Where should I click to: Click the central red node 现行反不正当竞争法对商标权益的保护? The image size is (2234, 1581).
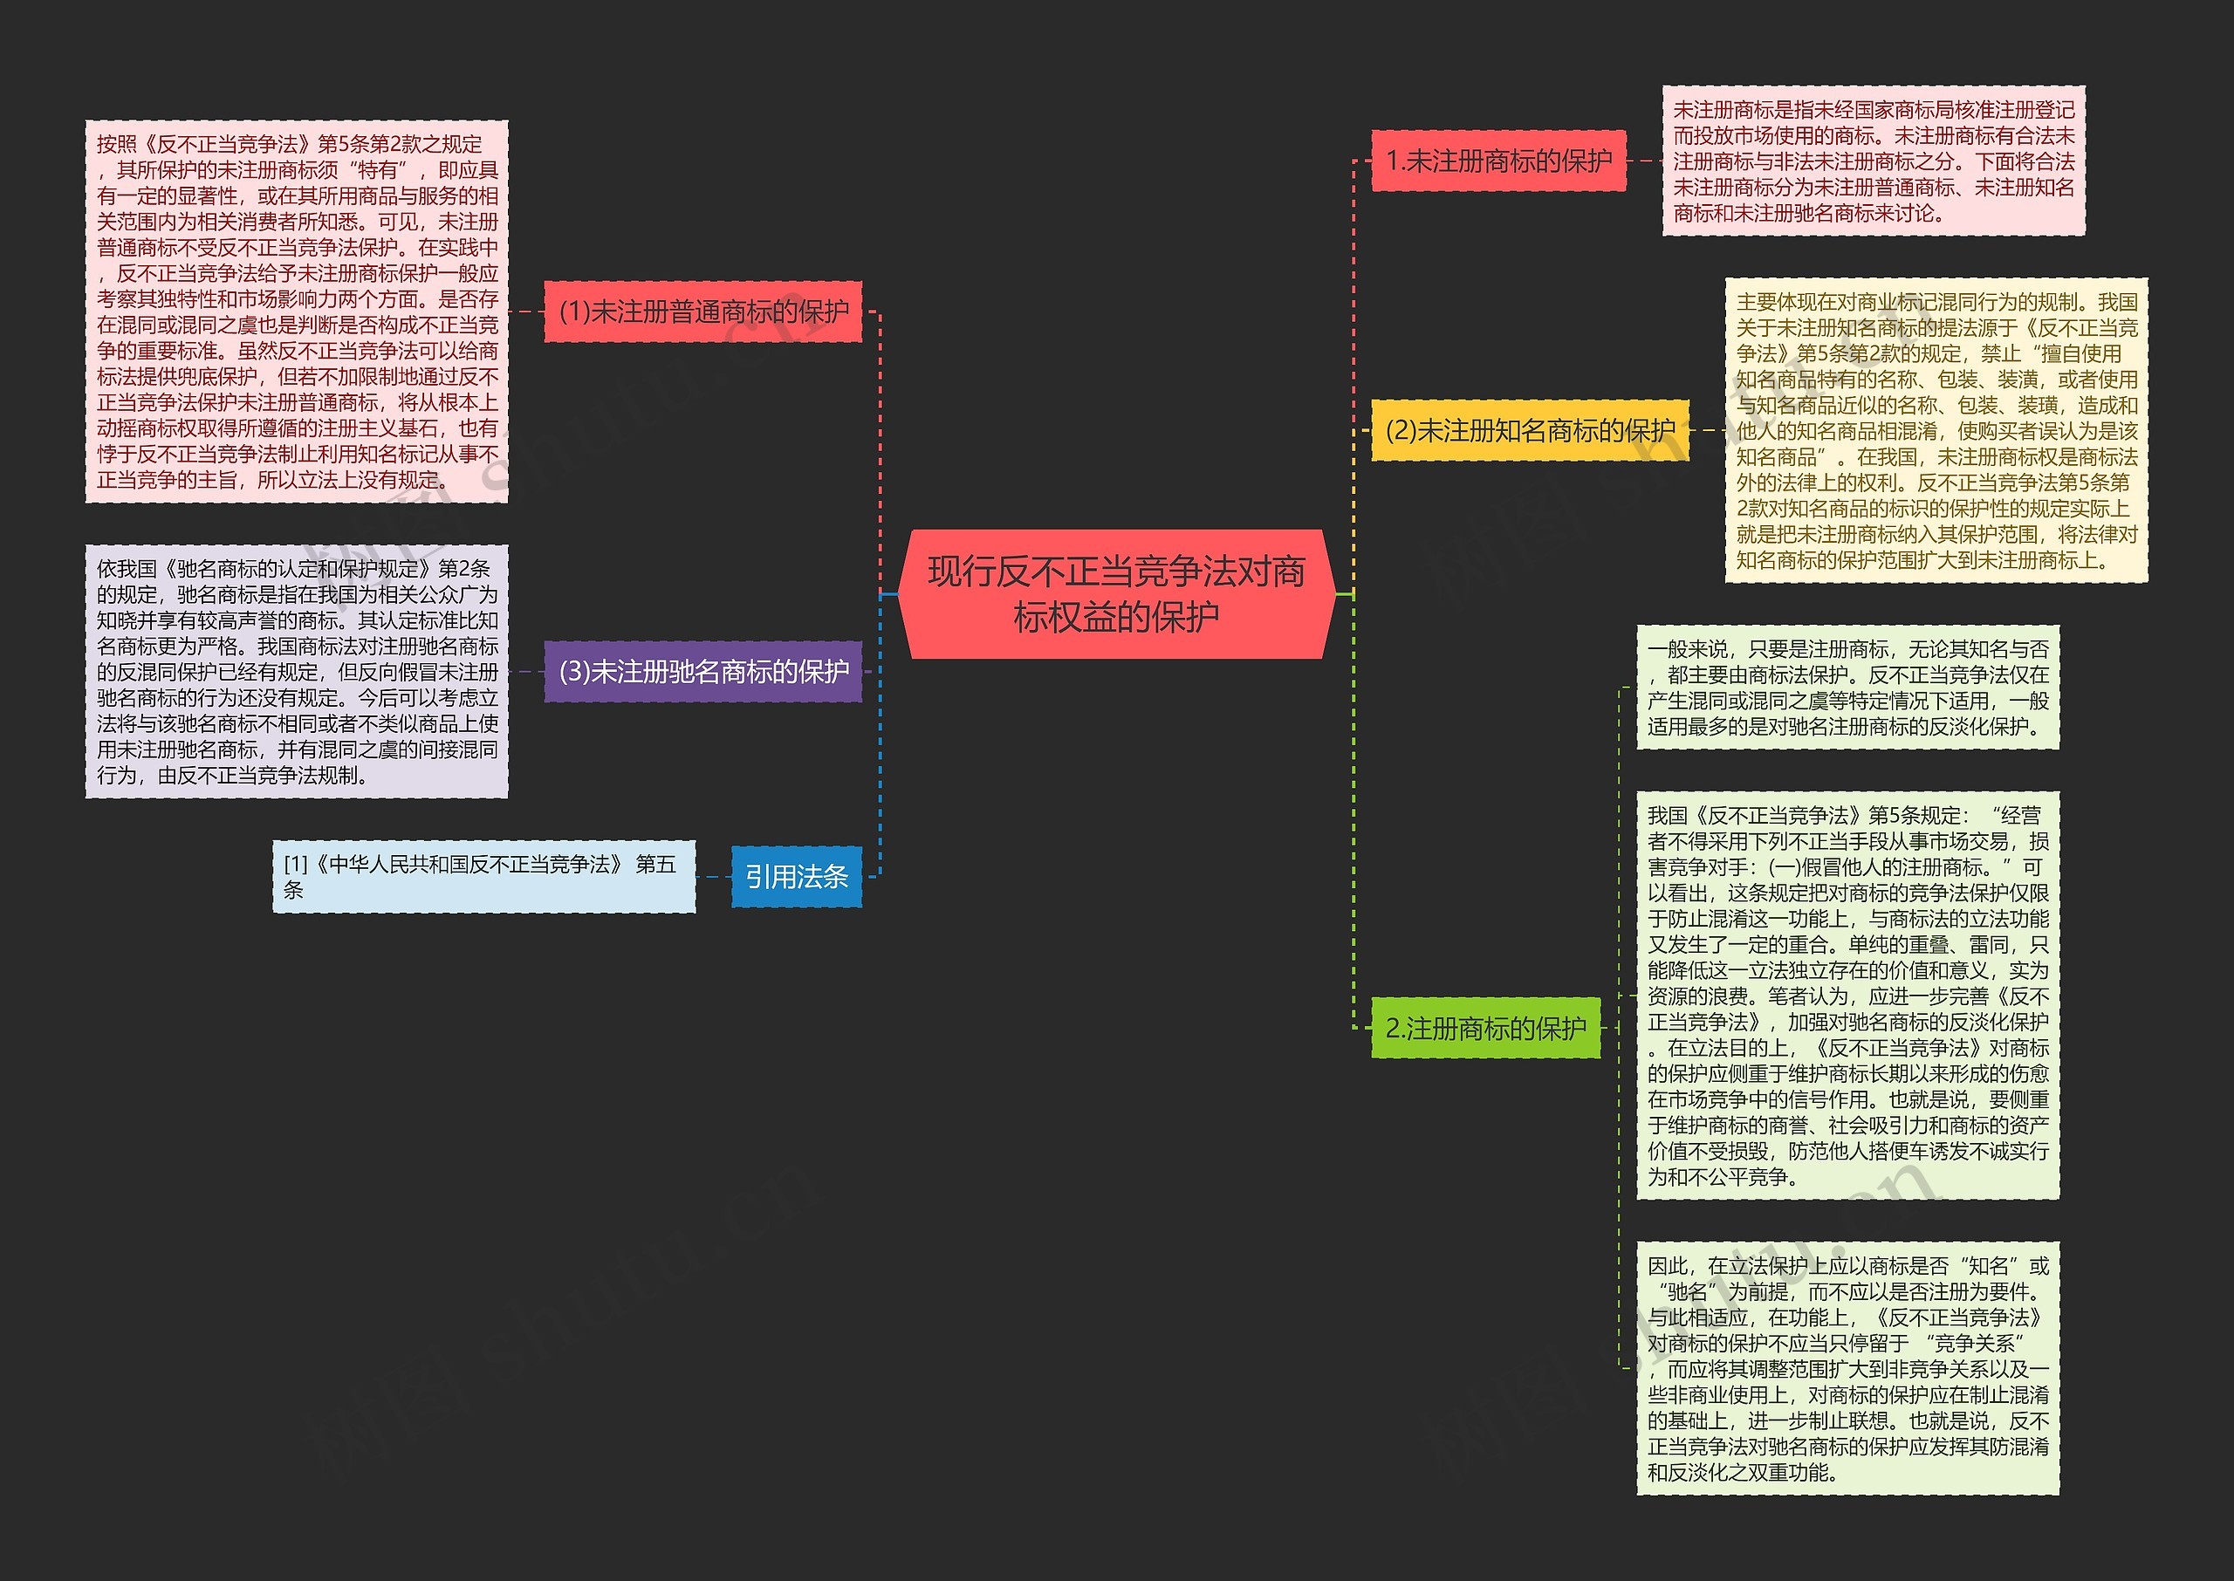point(1115,594)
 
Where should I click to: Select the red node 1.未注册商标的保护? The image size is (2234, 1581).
point(1498,161)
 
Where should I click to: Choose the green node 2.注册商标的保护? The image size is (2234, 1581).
point(1485,1028)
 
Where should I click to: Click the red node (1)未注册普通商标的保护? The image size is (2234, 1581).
point(702,311)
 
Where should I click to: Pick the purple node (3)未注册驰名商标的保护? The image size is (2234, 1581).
point(702,672)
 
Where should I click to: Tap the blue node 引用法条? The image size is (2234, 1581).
point(796,877)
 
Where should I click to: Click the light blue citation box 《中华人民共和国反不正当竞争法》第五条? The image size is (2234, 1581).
point(483,877)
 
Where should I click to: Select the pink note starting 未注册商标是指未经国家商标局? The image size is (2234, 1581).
point(1873,161)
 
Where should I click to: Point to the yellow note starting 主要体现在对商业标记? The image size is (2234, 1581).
point(1936,430)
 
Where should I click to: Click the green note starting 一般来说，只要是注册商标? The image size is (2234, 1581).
point(1847,688)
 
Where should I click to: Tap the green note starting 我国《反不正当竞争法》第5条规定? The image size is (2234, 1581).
point(1847,995)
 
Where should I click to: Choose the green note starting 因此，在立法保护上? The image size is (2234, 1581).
point(1847,1368)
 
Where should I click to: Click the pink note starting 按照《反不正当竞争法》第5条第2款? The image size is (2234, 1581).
point(297,311)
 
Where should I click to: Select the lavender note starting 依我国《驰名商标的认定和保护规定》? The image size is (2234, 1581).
point(297,672)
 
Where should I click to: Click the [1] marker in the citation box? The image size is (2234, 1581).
point(295,865)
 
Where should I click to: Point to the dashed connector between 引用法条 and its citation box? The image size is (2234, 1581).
point(714,877)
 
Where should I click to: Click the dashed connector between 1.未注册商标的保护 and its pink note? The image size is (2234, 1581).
point(1644,161)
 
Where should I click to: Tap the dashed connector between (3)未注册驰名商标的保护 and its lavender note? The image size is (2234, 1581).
point(525,672)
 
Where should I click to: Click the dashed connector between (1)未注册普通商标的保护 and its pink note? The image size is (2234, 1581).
point(525,311)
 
